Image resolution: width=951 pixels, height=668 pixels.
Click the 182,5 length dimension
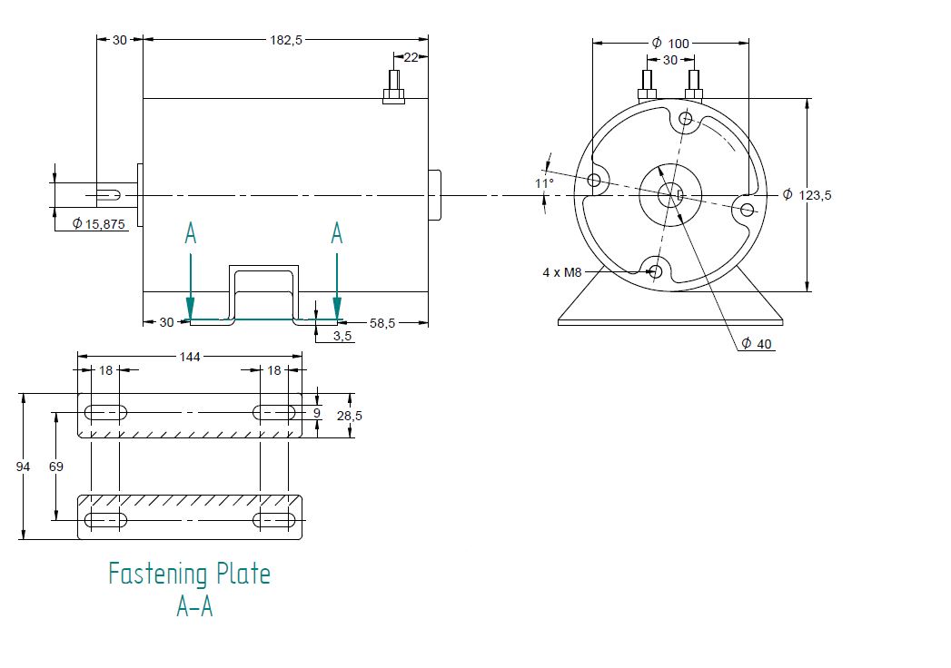tap(285, 40)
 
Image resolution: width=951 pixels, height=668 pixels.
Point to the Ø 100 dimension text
tap(671, 44)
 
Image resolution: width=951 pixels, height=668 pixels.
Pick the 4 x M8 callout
tap(561, 271)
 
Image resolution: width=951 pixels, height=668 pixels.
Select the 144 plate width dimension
tap(189, 357)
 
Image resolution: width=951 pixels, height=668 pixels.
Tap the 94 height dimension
tap(24, 467)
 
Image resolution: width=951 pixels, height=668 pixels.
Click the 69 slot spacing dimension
tap(55, 467)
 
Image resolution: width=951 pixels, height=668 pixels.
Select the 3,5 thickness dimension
tap(342, 337)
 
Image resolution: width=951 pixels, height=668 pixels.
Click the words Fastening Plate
tap(189, 574)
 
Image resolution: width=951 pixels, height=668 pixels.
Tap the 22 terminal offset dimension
tap(411, 58)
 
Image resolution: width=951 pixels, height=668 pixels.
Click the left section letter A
tap(190, 233)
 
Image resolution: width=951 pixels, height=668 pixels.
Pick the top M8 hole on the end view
tap(685, 118)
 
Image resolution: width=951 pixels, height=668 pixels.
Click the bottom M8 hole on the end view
tap(655, 270)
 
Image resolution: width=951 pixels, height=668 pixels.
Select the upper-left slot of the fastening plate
tap(105, 413)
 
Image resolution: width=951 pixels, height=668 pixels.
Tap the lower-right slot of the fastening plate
tap(274, 520)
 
